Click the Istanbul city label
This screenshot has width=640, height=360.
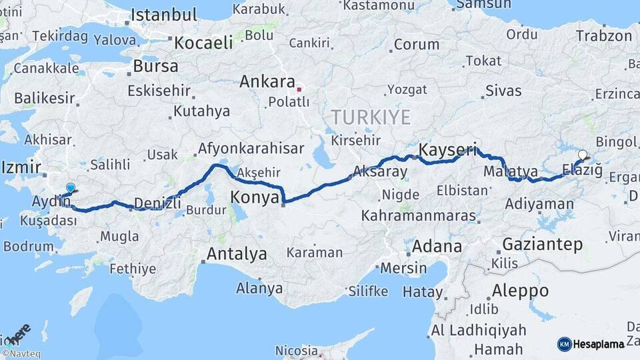163,15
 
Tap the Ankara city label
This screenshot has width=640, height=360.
267,82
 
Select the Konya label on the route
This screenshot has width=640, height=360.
255,197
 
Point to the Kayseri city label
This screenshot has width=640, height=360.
448,150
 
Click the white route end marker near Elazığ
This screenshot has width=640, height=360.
583,155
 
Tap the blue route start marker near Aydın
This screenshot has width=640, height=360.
71,189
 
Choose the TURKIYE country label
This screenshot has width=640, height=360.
371,117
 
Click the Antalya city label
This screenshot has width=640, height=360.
237,254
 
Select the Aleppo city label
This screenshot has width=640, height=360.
520,291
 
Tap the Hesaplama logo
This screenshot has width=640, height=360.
591,344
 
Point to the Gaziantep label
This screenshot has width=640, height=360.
542,244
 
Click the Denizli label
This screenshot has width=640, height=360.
158,203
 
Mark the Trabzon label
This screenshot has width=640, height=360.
603,36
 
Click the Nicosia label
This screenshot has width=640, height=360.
297,350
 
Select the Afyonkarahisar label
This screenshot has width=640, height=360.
251,148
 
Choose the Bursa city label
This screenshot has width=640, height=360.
155,66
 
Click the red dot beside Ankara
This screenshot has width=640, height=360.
300,88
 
